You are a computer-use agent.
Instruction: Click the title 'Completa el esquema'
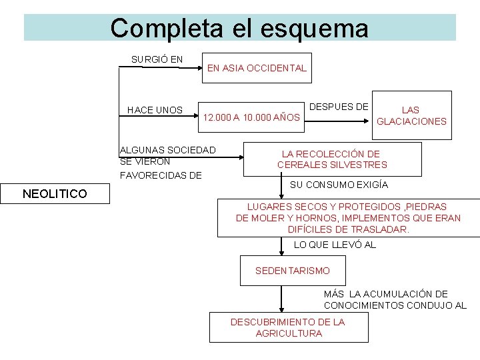coord(239,28)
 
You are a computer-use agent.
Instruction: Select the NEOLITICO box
coord(54,194)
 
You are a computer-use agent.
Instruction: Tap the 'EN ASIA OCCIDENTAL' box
coord(257,68)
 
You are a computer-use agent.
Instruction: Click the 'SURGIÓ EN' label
coord(157,59)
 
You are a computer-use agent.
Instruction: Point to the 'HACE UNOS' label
coord(155,110)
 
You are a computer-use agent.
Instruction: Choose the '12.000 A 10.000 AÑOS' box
coord(252,118)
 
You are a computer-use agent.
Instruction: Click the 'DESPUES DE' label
coord(339,107)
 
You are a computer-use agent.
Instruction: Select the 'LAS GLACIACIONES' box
coord(411,115)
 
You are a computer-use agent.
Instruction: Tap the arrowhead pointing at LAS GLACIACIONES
coord(369,121)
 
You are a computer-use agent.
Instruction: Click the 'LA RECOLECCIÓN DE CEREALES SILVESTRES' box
coord(332,159)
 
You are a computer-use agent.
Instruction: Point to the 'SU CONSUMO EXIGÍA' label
coord(339,185)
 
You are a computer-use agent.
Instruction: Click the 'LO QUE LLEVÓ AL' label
coord(335,245)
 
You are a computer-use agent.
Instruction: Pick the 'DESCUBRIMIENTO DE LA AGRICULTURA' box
coord(288,327)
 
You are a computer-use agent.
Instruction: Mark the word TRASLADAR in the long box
coord(385,229)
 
